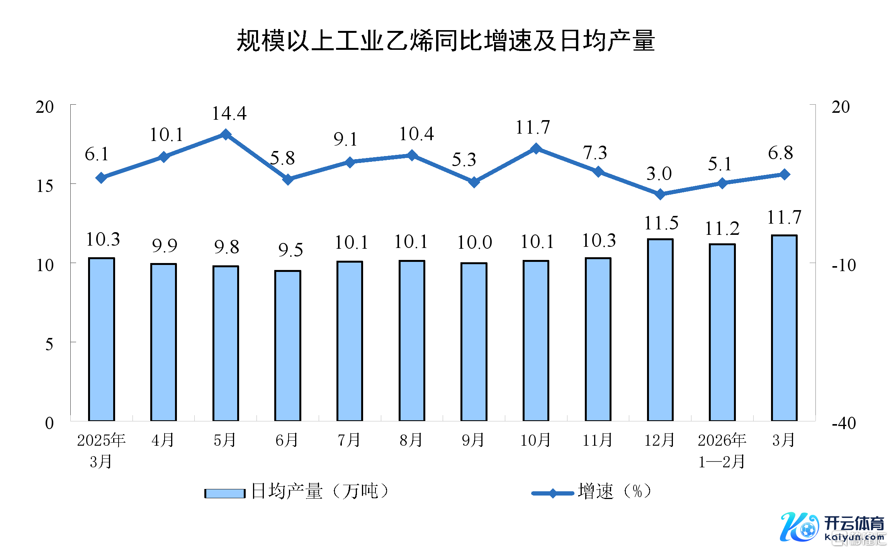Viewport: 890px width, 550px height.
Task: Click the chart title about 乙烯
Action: (445, 41)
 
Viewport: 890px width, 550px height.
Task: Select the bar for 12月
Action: (660, 330)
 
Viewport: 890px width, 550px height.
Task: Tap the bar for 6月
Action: (288, 346)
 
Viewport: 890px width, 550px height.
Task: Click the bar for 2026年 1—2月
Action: (722, 332)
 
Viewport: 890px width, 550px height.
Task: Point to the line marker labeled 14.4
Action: (226, 134)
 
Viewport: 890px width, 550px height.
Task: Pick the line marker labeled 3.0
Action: (660, 194)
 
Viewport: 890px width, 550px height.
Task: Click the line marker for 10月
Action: (536, 149)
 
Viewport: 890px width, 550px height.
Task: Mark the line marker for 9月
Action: (474, 182)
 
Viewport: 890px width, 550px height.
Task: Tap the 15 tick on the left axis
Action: (45, 187)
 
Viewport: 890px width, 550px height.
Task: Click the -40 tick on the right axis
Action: (844, 423)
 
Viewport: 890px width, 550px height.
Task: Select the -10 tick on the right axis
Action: (844, 265)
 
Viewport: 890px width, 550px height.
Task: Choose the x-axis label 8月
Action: (411, 440)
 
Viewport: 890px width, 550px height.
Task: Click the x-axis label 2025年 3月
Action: (101, 450)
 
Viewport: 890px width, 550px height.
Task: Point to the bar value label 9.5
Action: (290, 250)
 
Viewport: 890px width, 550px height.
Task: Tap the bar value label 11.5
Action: (661, 223)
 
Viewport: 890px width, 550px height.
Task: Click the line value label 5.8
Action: (282, 158)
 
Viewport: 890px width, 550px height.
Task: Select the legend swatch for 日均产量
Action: (225, 493)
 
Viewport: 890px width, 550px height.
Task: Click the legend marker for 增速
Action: (553, 493)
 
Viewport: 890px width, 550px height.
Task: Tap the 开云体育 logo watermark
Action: (832, 528)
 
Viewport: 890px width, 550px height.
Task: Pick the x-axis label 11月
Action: (598, 440)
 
